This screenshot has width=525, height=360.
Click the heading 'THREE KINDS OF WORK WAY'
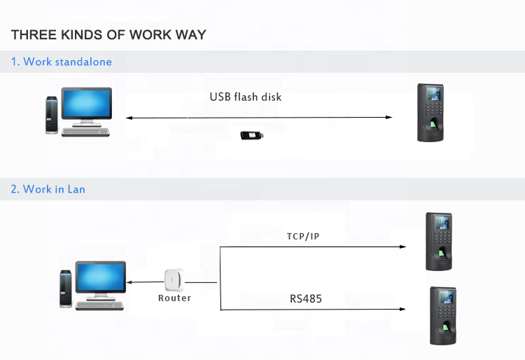pyautogui.click(x=108, y=35)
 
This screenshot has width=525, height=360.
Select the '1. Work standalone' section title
pyautogui.click(x=61, y=62)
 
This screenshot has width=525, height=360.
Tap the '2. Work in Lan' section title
pyautogui.click(x=48, y=189)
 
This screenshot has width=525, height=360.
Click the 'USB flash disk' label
pyautogui.click(x=246, y=97)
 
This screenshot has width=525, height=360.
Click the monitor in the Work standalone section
pyautogui.click(x=87, y=105)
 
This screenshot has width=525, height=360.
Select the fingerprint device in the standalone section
pyautogui.click(x=430, y=113)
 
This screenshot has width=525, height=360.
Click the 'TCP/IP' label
pyautogui.click(x=303, y=237)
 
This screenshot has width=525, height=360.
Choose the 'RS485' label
pyautogui.click(x=306, y=299)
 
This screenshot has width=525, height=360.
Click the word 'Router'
pyautogui.click(x=174, y=298)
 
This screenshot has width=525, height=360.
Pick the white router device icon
pyautogui.click(x=174, y=279)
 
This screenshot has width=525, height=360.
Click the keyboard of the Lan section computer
pyautogui.click(x=100, y=305)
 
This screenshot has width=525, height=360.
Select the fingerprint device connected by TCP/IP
pyautogui.click(x=440, y=241)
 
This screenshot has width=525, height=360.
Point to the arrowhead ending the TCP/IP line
pyautogui.click(x=402, y=247)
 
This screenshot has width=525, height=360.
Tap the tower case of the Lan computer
pyautogui.click(x=65, y=288)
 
